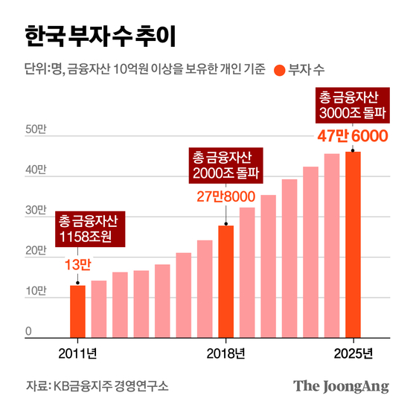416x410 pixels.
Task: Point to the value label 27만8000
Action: point(225,197)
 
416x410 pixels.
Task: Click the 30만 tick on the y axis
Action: point(36,211)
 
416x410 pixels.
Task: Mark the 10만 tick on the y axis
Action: point(36,291)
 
